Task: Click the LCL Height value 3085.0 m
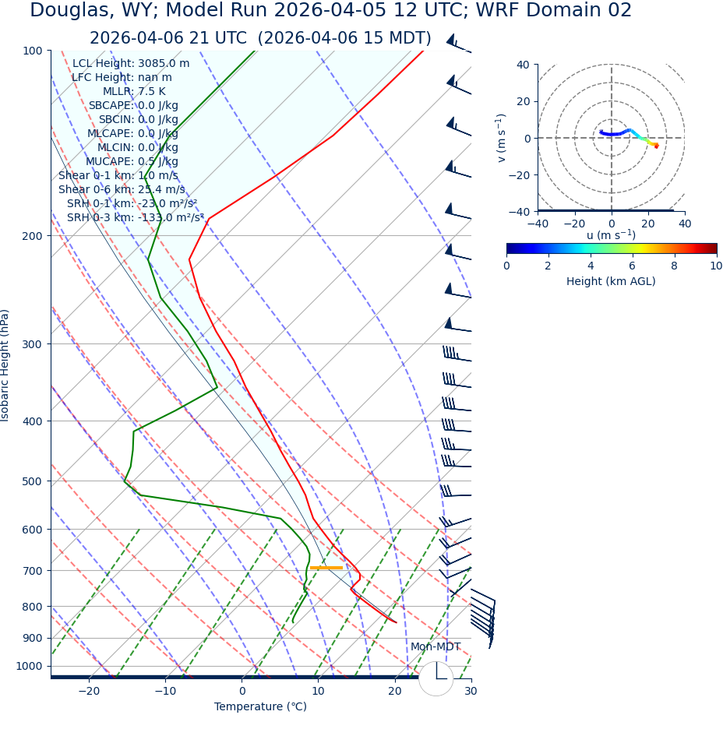(x=163, y=63)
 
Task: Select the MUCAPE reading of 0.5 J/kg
(x=152, y=161)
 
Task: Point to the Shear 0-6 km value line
(x=122, y=189)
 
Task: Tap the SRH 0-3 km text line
(x=135, y=217)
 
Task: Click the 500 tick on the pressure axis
(x=32, y=481)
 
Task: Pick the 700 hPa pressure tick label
(x=32, y=570)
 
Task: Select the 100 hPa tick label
(x=32, y=51)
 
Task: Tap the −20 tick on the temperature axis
(x=89, y=692)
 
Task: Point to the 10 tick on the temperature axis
(x=318, y=692)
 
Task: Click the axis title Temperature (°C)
(x=260, y=707)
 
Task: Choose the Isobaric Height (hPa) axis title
(x=5, y=365)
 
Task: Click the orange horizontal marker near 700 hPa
(x=326, y=568)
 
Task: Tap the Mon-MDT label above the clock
(x=436, y=647)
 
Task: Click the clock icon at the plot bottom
(x=436, y=678)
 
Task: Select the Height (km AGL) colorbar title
(x=611, y=281)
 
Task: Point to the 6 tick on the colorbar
(x=633, y=266)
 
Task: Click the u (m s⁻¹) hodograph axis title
(x=611, y=236)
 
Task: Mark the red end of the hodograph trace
(x=657, y=146)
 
